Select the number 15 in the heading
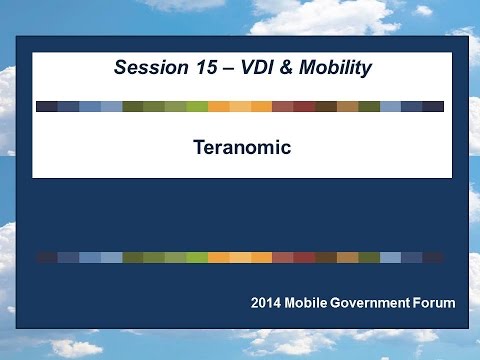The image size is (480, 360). (200, 69)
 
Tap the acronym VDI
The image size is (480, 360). (256, 69)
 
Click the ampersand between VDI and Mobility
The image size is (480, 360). (288, 69)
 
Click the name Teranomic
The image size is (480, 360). (241, 147)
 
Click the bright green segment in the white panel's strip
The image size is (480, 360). (197, 106)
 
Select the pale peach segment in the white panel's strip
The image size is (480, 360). (240, 106)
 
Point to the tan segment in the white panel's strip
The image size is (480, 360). (347, 106)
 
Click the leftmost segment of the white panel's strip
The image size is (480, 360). (47, 106)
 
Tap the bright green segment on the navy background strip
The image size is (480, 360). (197, 257)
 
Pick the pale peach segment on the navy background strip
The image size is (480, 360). (240, 257)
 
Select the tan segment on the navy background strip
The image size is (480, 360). (347, 257)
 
